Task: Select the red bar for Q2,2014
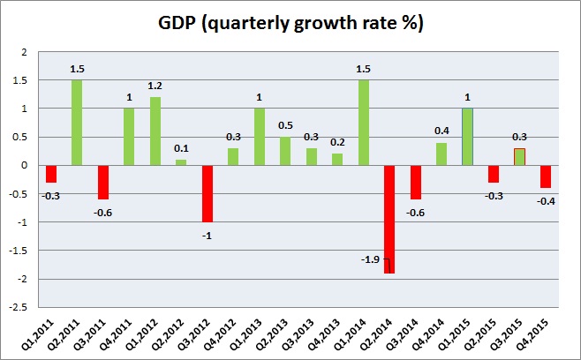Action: coord(389,219)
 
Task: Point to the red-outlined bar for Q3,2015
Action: coord(520,156)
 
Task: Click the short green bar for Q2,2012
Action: coord(181,162)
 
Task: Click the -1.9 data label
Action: coord(371,259)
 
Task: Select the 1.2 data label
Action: coord(155,87)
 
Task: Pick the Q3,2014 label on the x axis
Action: coord(411,335)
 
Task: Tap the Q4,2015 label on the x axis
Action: coord(542,335)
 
